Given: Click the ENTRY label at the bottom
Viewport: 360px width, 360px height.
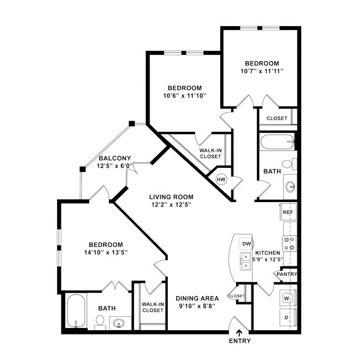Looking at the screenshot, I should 239,341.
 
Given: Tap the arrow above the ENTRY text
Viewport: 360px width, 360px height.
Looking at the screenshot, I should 239,332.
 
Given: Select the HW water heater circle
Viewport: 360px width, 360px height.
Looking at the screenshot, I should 221,179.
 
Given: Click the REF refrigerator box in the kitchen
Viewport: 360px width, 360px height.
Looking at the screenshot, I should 288,212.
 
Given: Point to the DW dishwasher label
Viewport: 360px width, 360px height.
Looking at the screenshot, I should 247,244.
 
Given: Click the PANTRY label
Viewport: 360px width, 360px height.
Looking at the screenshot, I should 287,274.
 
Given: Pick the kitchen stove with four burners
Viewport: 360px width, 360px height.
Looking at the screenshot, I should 290,243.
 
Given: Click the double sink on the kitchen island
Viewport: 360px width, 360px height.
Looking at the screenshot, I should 245,261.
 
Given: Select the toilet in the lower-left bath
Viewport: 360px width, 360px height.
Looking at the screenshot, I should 100,322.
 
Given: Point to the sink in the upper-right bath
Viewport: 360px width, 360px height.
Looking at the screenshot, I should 290,186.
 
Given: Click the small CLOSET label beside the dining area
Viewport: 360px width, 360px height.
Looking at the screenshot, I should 236,296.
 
